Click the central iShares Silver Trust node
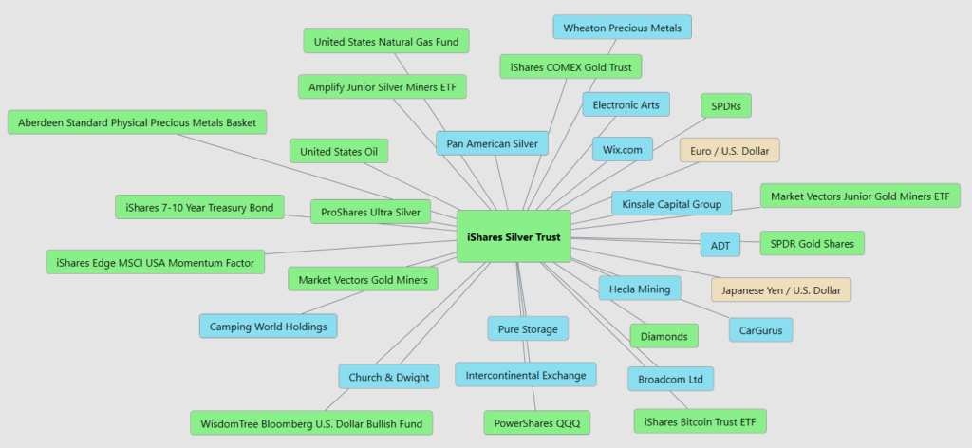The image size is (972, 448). tap(513, 236)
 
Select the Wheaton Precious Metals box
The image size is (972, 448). tap(623, 27)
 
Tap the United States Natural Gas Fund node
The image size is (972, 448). tap(386, 41)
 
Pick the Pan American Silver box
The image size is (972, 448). tap(492, 143)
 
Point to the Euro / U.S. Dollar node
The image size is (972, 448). tap(729, 150)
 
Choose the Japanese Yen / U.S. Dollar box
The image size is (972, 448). tap(781, 289)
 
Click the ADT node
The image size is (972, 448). tap(720, 245)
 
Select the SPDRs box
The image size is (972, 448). tap(726, 105)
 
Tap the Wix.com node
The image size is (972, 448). tap(623, 149)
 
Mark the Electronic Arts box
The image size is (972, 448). tap(626, 103)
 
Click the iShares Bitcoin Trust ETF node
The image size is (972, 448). tap(700, 420)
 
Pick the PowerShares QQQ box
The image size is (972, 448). tap(536, 421)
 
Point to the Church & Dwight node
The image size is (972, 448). tap(388, 377)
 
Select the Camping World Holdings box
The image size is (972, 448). tap(268, 327)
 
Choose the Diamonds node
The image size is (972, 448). tap(664, 336)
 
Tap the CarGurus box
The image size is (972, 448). tap(760, 330)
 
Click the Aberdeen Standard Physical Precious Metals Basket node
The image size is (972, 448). tap(137, 123)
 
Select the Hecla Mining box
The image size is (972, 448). tap(640, 289)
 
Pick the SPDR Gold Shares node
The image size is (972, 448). tap(812, 244)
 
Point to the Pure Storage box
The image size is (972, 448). tap(528, 329)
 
